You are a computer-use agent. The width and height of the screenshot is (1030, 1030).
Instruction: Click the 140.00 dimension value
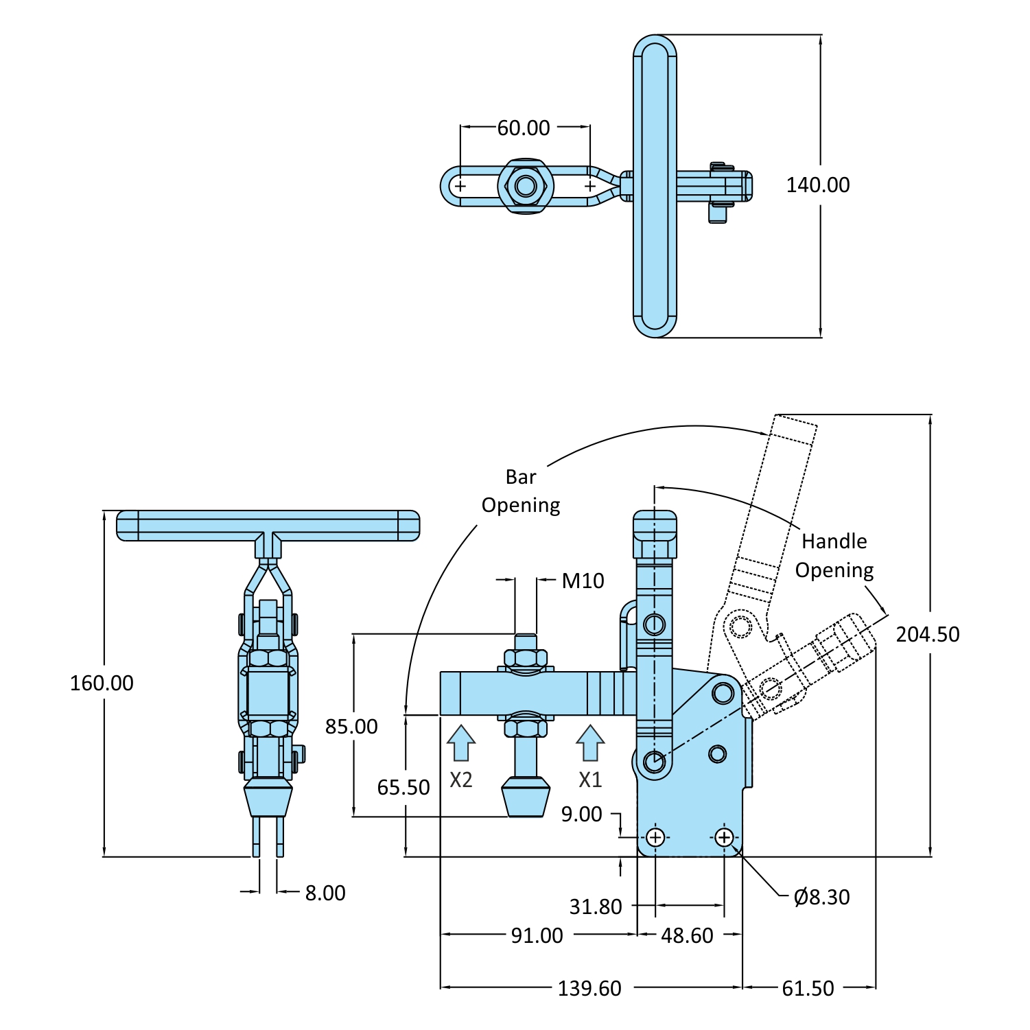[x=817, y=185]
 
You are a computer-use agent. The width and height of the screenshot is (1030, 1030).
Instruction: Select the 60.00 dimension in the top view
[x=524, y=128]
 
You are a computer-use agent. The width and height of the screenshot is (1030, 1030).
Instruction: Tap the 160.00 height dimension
[x=102, y=683]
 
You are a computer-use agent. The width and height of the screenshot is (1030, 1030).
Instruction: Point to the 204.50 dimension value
[x=927, y=634]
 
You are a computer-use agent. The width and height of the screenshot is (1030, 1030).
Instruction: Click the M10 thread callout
[x=583, y=581]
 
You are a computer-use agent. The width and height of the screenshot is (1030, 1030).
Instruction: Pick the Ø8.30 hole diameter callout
[x=821, y=897]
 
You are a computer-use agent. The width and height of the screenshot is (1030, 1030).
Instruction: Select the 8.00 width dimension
[x=325, y=893]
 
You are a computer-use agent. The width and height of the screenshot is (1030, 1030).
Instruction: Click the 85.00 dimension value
[x=351, y=726]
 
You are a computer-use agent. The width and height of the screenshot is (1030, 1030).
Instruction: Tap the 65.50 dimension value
[x=403, y=787]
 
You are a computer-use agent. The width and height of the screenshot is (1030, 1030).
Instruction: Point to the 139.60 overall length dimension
[x=589, y=988]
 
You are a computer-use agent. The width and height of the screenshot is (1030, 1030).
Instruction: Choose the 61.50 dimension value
[x=808, y=988]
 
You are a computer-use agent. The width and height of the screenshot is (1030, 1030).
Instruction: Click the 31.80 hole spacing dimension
[x=596, y=907]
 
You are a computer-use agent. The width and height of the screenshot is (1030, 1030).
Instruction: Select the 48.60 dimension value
[x=687, y=935]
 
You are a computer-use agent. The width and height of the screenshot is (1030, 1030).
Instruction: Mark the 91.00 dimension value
[x=537, y=935]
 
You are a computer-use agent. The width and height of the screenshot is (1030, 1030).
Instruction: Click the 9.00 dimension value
[x=581, y=815]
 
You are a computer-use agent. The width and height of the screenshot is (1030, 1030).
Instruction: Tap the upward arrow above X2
[x=461, y=743]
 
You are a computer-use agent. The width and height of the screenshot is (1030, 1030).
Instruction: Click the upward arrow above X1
[x=590, y=743]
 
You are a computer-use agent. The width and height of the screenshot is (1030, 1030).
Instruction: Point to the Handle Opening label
[x=834, y=556]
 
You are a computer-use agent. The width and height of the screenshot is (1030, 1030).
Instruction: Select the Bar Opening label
[x=521, y=491]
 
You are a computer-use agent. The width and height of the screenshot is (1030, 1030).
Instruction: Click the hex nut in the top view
[x=525, y=186]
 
